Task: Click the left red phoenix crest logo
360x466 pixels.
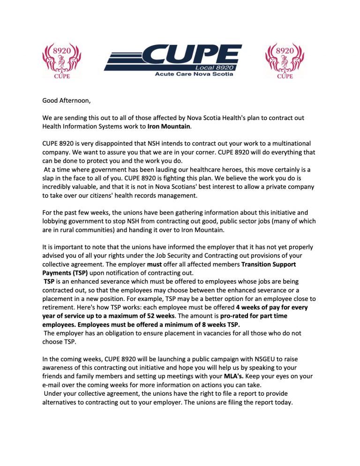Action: coord(61,60)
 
